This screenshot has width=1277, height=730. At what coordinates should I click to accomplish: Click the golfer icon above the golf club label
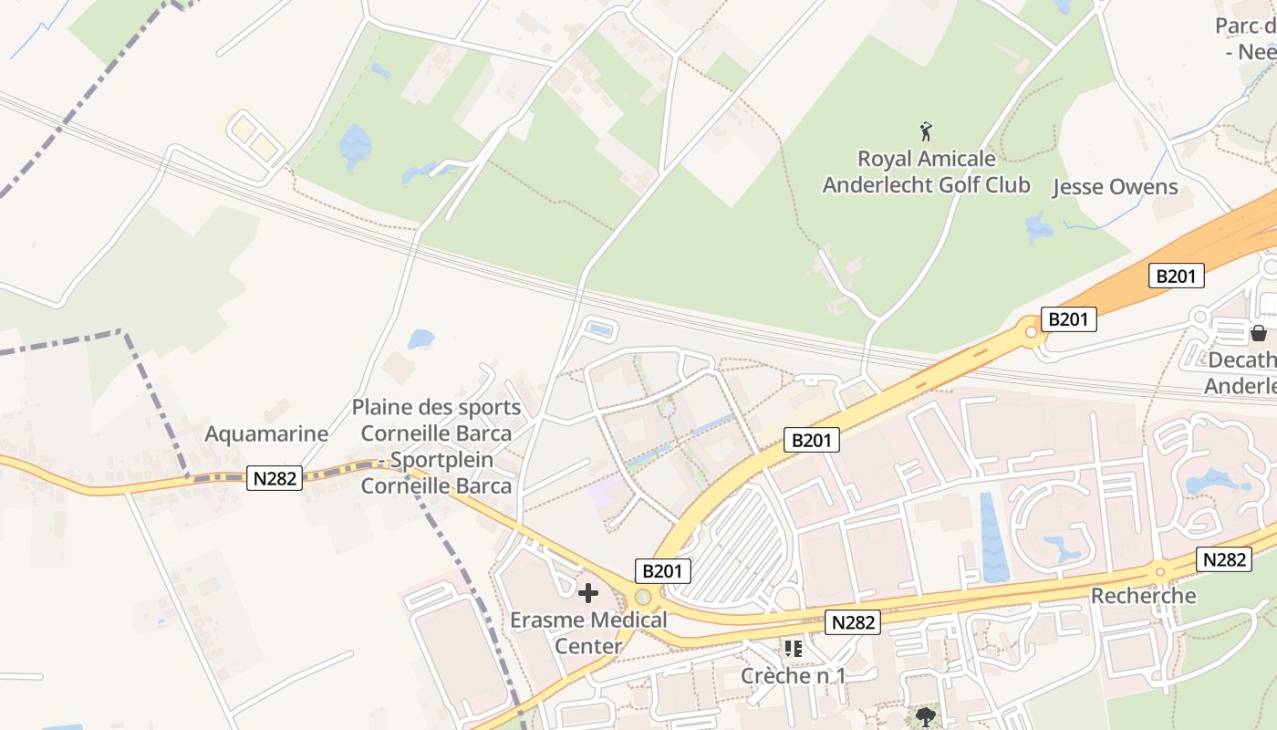[927, 131]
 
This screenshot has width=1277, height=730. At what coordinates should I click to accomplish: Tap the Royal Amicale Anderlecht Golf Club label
[926, 172]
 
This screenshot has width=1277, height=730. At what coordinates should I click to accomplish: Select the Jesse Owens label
[1115, 187]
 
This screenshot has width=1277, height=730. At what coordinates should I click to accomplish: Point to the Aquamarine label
[266, 433]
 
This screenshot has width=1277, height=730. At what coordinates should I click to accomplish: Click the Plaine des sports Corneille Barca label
[436, 446]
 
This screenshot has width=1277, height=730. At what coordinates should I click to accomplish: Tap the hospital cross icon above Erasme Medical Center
[588, 594]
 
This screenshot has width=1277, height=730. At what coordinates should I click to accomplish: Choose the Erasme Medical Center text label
[588, 632]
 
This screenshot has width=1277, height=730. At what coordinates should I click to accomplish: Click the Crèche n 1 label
[793, 675]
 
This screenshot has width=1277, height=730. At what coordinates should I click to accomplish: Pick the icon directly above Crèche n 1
[793, 649]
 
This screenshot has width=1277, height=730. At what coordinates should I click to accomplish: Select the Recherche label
[1143, 596]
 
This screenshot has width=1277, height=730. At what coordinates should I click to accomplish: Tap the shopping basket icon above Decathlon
[1259, 333]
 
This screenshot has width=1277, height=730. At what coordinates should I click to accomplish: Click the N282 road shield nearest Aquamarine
[274, 477]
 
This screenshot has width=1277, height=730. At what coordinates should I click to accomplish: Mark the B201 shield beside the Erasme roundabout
[663, 571]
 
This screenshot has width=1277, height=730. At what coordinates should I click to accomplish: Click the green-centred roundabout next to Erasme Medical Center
[644, 597]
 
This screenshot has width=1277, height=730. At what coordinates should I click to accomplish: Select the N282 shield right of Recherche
[1224, 559]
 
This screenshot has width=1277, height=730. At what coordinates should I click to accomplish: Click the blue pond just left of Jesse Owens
[1039, 227]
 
